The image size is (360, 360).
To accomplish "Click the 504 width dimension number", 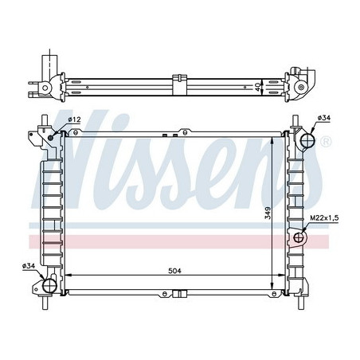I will coord(175,271).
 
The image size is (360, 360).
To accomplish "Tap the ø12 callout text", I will coord(76,119).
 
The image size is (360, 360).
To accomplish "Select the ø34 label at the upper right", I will coord(324,119).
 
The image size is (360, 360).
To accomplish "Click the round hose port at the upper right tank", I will coord(307,140).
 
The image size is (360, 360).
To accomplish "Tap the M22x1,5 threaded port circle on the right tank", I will coord(300,237).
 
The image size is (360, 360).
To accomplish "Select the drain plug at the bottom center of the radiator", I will coord(181,294).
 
